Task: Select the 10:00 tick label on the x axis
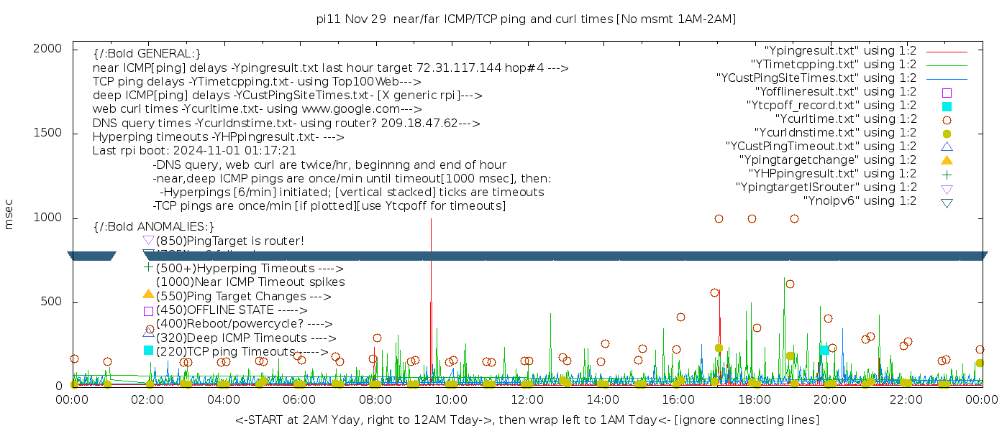450,400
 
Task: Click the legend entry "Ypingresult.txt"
840,51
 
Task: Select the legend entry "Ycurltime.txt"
845,119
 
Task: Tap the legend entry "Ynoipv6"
860,201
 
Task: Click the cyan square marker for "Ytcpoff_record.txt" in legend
947,106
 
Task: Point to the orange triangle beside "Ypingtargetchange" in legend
947,160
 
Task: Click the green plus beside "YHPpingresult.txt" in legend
947,174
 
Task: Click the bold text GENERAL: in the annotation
147,54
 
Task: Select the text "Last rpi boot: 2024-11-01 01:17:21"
194,151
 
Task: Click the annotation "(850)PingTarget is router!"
230,241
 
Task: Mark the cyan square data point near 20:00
824,351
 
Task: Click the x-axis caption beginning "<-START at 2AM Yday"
527,420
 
